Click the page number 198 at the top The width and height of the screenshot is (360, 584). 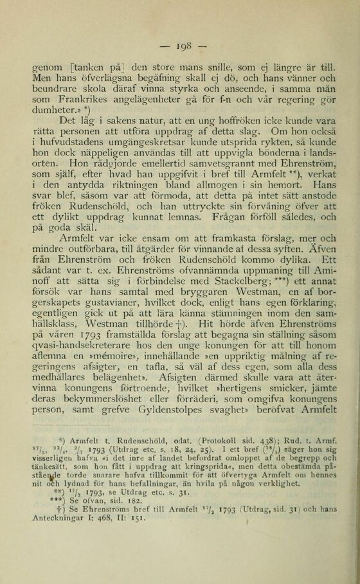tap(179, 47)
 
